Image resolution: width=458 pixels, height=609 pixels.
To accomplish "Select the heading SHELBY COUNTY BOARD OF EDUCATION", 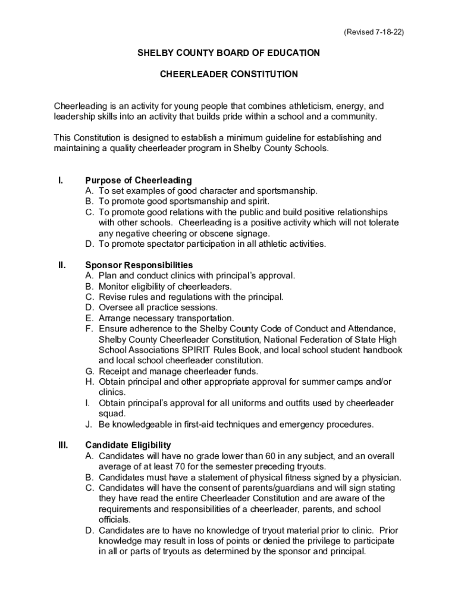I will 229,53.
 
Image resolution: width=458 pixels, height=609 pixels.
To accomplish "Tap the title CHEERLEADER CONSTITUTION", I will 229,74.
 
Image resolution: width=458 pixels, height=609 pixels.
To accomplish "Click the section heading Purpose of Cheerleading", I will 139,180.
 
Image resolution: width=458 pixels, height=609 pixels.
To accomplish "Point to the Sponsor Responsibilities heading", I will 139,265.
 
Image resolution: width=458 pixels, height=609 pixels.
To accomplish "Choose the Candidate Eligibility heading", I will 128,445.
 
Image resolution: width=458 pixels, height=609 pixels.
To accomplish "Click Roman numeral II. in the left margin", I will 61,265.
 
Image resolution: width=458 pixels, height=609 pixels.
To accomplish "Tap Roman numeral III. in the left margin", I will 62,445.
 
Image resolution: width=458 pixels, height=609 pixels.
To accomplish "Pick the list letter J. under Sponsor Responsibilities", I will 89,424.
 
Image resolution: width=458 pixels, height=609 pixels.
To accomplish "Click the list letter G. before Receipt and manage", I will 89,371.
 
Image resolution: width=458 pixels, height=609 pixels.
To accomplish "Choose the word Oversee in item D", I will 116,307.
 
